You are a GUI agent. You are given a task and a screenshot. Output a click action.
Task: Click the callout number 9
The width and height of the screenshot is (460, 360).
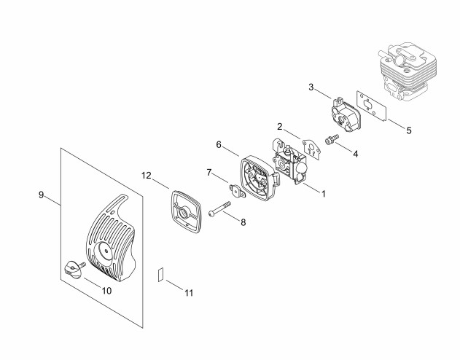pos(41,195)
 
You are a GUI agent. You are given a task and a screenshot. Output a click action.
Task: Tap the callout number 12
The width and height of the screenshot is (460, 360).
pos(146,176)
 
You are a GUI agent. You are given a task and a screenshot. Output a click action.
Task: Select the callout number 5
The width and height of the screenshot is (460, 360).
pos(409,130)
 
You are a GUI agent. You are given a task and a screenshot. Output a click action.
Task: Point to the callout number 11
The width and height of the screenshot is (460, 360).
pos(189,292)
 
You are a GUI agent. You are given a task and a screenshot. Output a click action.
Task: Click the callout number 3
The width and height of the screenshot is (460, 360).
pos(311,87)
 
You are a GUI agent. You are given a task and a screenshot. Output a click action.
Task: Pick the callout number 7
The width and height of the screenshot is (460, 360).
pos(209,173)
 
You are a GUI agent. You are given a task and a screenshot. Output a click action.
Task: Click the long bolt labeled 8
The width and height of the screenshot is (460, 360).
pos(220,208)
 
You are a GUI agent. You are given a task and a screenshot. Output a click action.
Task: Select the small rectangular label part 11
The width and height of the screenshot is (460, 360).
pos(161,275)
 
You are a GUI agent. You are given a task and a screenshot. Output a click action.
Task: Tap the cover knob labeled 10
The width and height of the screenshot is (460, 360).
pos(74,270)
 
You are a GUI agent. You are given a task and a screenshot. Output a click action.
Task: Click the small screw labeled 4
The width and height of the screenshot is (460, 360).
pos(332,138)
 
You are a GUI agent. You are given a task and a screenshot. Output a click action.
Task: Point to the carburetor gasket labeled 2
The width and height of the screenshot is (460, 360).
pos(311,149)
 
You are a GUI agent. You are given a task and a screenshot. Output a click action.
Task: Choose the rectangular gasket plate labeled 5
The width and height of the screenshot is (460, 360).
pos(372,106)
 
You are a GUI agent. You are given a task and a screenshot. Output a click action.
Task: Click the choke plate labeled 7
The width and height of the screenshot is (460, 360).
pos(237,191)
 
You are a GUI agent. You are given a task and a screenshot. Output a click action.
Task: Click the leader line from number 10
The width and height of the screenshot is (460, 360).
pos(93,282)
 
